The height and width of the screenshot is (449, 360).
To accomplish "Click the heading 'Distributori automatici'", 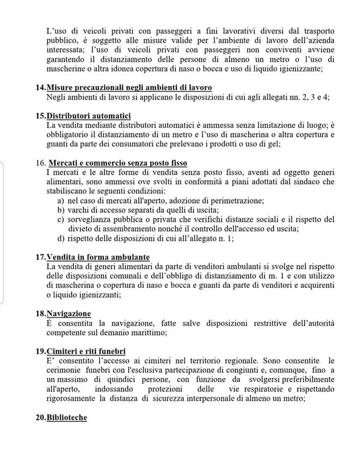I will coord(88,116).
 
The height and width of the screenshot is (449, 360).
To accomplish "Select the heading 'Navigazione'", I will coord(69,314).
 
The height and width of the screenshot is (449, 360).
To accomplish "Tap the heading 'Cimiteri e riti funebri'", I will coord(86,351).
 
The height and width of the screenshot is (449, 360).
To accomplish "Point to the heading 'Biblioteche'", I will coord(66,417).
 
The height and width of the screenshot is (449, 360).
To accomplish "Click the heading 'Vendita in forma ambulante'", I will coord(98,257).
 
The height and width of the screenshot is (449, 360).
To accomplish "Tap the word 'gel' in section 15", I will coord(273,144).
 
